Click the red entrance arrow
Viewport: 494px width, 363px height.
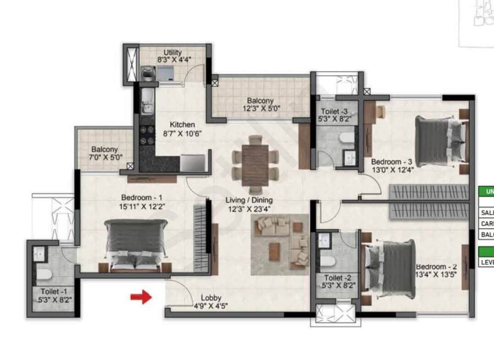pyautogui.click(x=141, y=298)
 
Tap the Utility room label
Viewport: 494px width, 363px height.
pyautogui.click(x=173, y=53)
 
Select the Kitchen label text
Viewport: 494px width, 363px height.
pyautogui.click(x=182, y=125)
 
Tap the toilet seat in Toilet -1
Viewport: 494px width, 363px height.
pyautogui.click(x=43, y=274)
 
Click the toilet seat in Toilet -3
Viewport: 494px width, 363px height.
pyautogui.click(x=347, y=138)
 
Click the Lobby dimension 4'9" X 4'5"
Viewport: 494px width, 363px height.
pyautogui.click(x=211, y=306)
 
